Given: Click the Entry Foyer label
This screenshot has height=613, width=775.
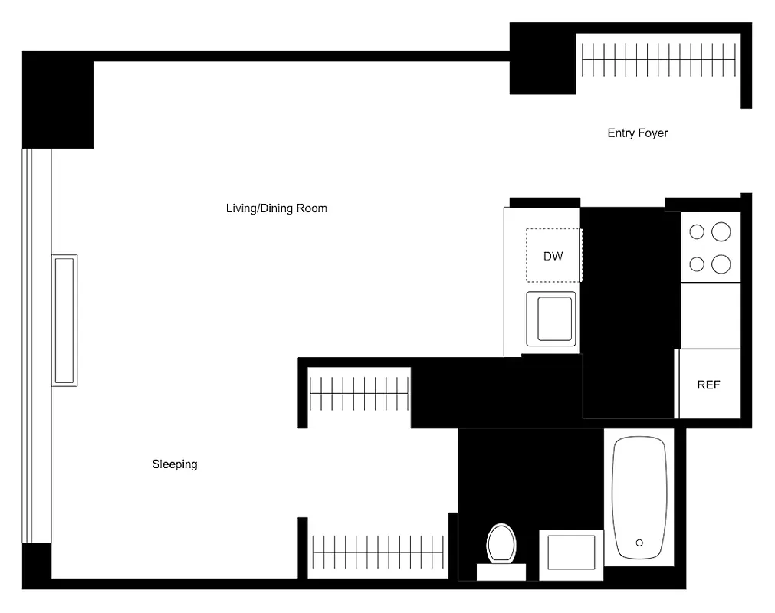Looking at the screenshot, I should coord(637,133).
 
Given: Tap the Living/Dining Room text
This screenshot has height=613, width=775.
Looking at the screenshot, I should coord(276,208).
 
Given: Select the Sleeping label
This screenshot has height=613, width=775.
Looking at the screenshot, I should coord(174,464).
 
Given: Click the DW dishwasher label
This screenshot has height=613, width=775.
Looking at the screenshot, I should coord(553,256).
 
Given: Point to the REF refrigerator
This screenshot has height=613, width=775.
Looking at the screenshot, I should coord(708,385).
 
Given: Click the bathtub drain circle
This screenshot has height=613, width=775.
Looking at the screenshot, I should coord(639,543).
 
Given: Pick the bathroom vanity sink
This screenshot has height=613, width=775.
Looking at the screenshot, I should coord(571,552).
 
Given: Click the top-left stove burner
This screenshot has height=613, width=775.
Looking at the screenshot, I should coord(697,231).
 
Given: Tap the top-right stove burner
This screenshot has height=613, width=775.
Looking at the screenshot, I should coord(721,231).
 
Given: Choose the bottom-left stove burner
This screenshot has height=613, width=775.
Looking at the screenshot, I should coord(697,264).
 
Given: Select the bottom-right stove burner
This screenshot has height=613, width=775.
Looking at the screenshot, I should coord(721,264).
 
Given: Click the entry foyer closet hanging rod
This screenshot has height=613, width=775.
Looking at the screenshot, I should coord(659,60).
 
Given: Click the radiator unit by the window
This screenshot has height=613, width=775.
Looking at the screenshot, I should coord(64,320).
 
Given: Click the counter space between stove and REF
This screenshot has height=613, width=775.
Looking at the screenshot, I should coord(711,315).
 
